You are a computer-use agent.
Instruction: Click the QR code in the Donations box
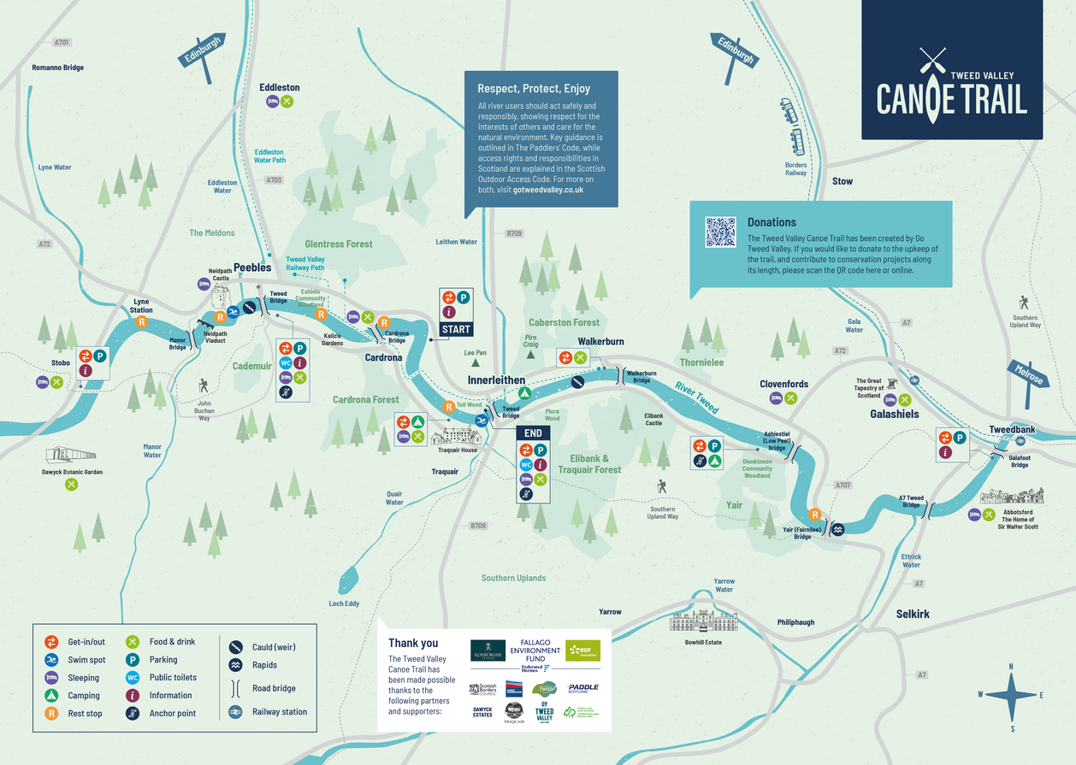click(720, 232)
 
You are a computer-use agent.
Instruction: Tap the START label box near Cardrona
click(456, 329)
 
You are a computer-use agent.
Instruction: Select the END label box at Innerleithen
click(533, 433)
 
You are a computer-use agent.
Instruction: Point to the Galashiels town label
click(894, 414)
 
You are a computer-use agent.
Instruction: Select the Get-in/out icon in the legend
click(51, 642)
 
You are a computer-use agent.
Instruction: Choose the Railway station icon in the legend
click(235, 712)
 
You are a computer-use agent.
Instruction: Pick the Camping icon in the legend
click(51, 696)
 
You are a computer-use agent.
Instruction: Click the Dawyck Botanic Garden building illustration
click(71, 455)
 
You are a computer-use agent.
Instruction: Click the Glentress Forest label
click(339, 244)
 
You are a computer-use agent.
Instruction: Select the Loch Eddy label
click(344, 603)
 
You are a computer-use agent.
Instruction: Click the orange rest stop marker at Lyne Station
click(143, 321)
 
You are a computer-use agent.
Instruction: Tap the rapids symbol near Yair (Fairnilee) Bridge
click(838, 529)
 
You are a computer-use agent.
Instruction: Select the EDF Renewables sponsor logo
click(582, 650)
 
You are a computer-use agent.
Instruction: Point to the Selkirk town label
click(913, 614)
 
